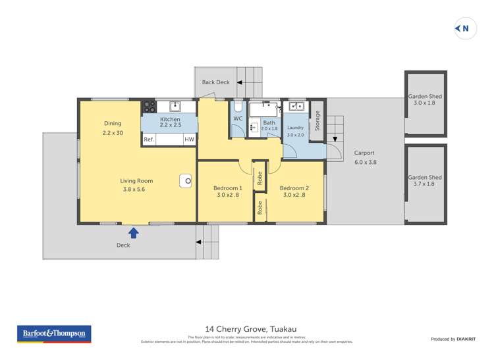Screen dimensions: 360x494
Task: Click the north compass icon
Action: (465, 28)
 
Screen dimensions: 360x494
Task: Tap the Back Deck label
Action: (215, 82)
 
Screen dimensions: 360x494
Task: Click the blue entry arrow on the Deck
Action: (134, 232)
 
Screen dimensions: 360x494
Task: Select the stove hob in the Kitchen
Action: (150, 106)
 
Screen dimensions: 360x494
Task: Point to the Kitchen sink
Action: (175, 106)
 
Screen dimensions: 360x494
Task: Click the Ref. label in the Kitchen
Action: (149, 140)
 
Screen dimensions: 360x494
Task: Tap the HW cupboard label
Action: (189, 140)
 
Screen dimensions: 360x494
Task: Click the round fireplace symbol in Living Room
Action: (188, 181)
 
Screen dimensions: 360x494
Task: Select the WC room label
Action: (238, 119)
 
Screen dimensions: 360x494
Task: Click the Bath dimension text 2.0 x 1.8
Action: (269, 129)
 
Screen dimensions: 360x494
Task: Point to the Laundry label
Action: (296, 126)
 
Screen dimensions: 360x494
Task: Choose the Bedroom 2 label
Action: (295, 188)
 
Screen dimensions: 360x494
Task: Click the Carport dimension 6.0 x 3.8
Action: (364, 162)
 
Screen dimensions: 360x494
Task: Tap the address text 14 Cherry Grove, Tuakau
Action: (247, 328)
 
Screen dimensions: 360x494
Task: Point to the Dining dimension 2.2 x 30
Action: (113, 132)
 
